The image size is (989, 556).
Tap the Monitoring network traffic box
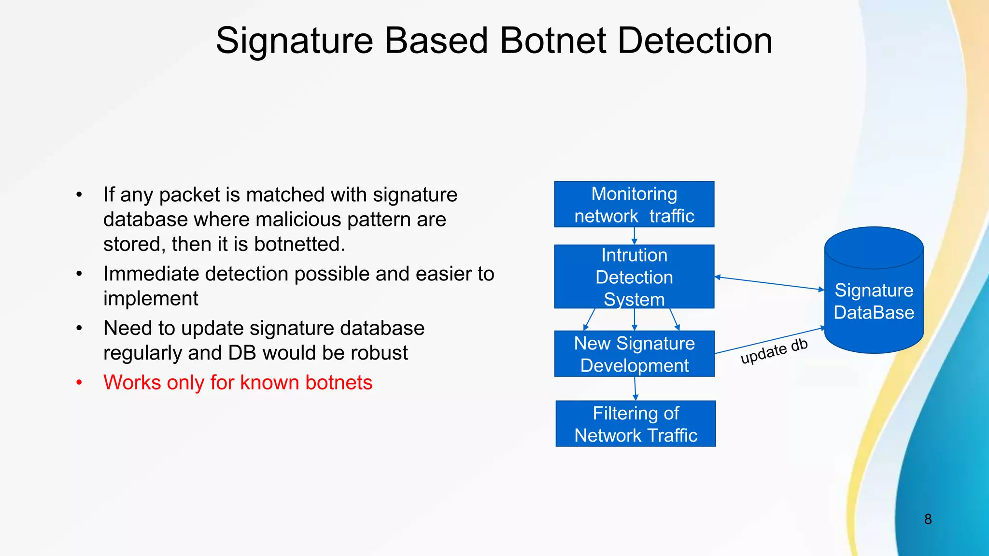(x=634, y=204)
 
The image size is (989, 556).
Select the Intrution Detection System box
(x=634, y=277)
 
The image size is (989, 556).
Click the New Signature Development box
(x=634, y=354)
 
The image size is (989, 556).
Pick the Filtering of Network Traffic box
(x=636, y=424)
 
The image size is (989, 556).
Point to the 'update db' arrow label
(x=774, y=351)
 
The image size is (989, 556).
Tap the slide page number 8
(x=928, y=519)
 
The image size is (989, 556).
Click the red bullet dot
(x=79, y=383)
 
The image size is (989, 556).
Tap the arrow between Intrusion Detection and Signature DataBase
(x=769, y=283)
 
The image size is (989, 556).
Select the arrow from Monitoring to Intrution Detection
(x=635, y=236)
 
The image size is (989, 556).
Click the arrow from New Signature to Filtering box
(x=635, y=389)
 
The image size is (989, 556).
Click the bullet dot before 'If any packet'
(x=79, y=195)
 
